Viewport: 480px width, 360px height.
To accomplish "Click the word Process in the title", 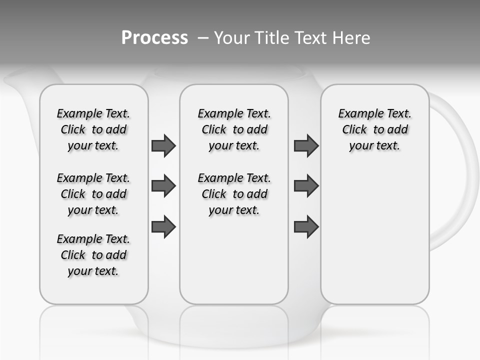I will pyautogui.click(x=154, y=38).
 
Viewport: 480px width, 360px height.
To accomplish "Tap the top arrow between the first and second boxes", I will pyautogui.click(x=163, y=146).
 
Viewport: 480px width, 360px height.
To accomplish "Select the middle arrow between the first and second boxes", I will pyautogui.click(x=163, y=186).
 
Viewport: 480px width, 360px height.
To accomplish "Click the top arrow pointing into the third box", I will pyautogui.click(x=306, y=146).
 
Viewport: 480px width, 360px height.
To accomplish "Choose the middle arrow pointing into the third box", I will pyautogui.click(x=306, y=186).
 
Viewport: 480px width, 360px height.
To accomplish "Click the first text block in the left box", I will pyautogui.click(x=93, y=129).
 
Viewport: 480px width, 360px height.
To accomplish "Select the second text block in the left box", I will pyautogui.click(x=93, y=194).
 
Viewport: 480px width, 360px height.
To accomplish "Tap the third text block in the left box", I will pyautogui.click(x=93, y=255).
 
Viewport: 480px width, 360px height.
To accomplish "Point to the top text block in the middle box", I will pyautogui.click(x=234, y=129).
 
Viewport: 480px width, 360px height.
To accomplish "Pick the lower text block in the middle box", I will pyautogui.click(x=234, y=194).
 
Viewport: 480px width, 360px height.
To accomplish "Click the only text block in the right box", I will pyautogui.click(x=374, y=129).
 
